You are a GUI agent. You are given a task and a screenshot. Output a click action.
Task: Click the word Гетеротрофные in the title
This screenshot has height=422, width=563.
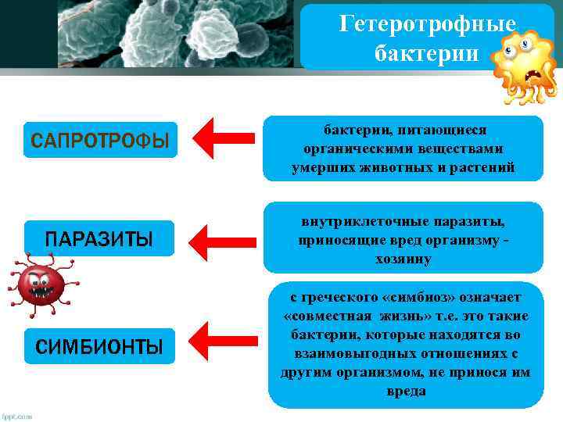(427, 25)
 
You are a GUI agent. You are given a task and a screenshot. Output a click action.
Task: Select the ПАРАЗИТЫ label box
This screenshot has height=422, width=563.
(99, 238)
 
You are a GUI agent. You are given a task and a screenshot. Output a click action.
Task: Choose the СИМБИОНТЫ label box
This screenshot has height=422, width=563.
(99, 346)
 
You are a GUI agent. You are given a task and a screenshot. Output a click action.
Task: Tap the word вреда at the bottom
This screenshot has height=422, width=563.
(406, 391)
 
